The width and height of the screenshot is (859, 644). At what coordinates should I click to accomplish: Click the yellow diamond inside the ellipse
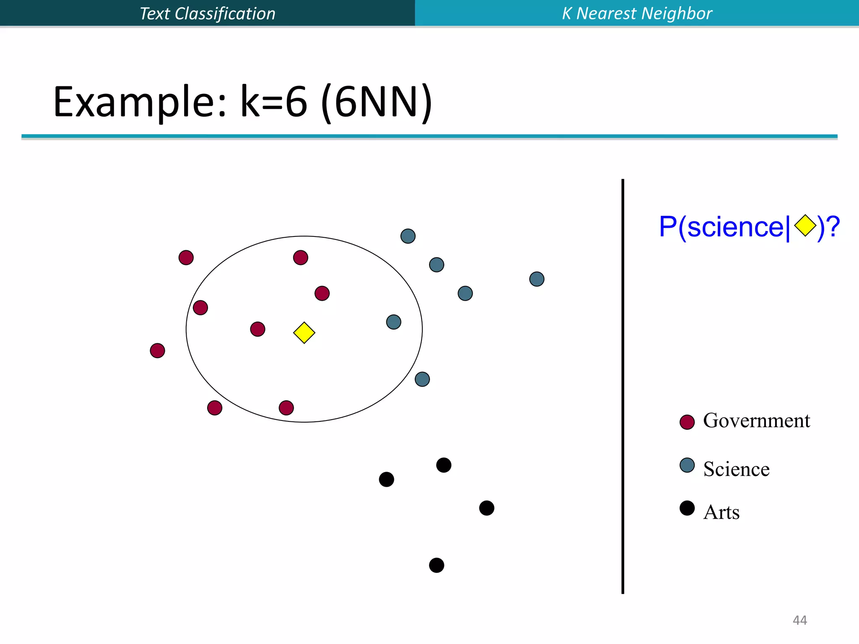(304, 333)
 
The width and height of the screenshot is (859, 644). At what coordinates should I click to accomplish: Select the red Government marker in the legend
(687, 422)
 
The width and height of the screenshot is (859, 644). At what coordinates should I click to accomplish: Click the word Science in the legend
(736, 469)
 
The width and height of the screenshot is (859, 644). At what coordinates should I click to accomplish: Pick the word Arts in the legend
(721, 512)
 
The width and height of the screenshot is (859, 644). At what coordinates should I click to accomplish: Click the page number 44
(799, 620)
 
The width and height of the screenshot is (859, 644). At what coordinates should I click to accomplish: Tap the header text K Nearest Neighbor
(637, 13)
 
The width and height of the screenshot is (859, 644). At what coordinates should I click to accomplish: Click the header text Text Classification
(207, 13)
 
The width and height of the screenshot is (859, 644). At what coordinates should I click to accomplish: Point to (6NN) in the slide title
(376, 102)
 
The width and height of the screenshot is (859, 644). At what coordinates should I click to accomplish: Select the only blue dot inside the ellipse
(393, 322)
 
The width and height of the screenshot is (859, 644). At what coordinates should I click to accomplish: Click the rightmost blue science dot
(537, 279)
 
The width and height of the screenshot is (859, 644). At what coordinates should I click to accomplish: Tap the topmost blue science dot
(408, 236)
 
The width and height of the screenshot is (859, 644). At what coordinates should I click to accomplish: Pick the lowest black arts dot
(437, 565)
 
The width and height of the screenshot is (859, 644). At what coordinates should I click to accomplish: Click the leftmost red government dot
(157, 351)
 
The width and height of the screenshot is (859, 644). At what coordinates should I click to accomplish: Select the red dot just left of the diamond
(258, 329)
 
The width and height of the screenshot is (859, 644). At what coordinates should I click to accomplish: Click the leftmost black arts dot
(386, 479)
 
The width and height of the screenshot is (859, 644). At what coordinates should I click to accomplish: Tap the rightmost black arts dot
(487, 508)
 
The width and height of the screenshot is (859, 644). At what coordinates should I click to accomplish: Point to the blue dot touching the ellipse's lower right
(422, 379)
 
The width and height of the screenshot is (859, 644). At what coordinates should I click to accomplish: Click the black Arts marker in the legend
(687, 508)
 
